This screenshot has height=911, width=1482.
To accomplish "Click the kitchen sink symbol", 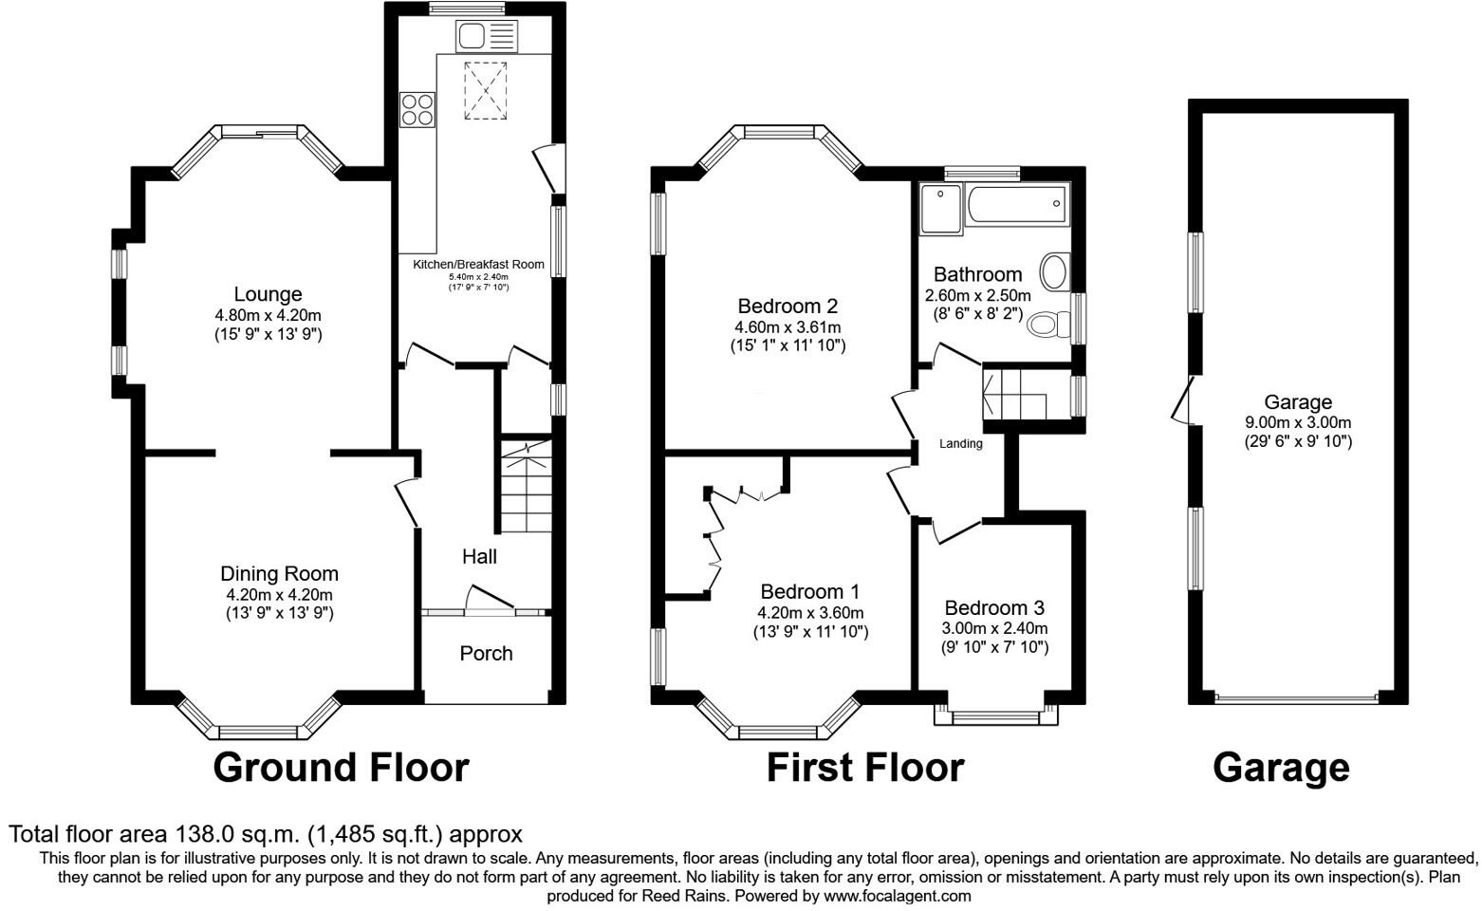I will point(488,37).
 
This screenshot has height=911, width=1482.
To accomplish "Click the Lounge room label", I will point(268,294).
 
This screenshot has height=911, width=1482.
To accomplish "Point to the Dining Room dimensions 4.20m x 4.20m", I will point(279,595).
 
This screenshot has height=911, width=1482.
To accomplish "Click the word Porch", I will point(486,653).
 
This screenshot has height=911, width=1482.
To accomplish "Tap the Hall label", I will point(479,556).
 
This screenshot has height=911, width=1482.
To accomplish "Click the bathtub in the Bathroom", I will point(1015,204).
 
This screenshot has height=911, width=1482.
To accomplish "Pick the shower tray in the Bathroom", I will point(940,207).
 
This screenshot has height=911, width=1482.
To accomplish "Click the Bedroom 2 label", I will point(787,306).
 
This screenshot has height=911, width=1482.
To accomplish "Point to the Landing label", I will point(960,443).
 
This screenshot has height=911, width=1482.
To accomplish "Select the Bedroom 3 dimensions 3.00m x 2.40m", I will point(994,628).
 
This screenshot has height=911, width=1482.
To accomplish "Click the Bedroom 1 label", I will point(809,591).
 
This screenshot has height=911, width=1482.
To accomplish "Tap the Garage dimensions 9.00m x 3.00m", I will point(1298,422).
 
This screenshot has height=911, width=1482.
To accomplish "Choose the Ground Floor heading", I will point(341,767).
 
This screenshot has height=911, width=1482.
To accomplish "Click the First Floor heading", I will point(864,767).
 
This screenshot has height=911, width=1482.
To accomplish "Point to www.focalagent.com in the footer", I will point(897,895).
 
